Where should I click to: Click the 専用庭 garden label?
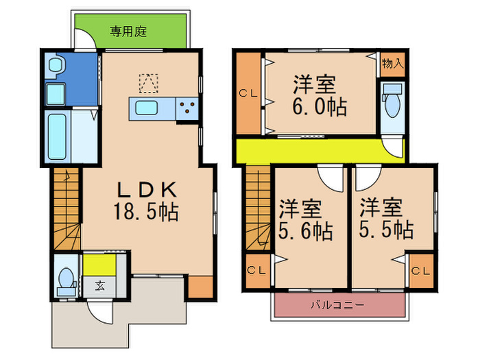click(129, 31)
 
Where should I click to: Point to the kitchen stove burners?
click(187, 108)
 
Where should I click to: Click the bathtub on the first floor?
click(57, 136)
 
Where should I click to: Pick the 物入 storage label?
click(392, 64)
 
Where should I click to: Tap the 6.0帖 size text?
click(320, 107)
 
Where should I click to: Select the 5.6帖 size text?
click(305, 230)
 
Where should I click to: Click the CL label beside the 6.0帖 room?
click(248, 93)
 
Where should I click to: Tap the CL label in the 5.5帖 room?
click(420, 271)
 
